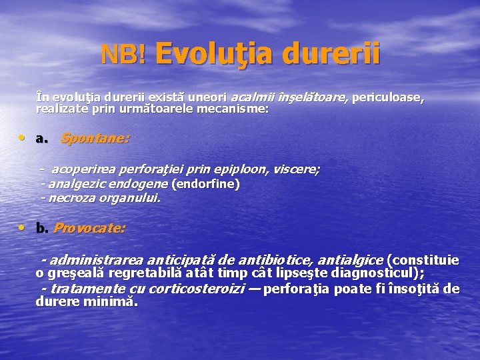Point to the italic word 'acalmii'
click(252, 97)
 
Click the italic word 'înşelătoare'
click(311, 97)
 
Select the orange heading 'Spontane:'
click(95, 139)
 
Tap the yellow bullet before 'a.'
click(23, 139)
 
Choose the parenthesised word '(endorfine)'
click(206, 183)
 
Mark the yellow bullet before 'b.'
click(23, 228)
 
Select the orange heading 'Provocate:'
click(89, 228)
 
